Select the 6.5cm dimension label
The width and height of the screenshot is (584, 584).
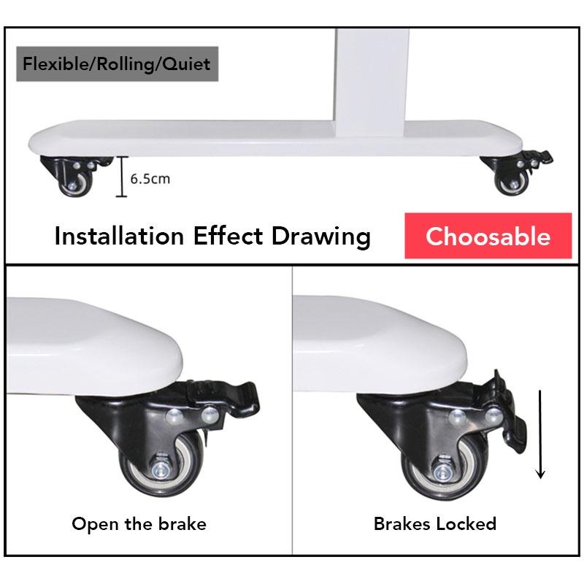click(150, 179)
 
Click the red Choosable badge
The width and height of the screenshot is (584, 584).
click(488, 236)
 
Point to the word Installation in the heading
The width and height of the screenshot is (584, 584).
click(119, 236)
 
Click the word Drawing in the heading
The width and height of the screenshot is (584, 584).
click(320, 237)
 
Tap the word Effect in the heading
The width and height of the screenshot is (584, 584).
click(228, 236)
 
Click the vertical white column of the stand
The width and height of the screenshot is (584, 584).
click(372, 82)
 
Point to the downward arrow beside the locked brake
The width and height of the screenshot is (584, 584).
click(540, 434)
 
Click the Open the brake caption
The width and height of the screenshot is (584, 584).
click(139, 523)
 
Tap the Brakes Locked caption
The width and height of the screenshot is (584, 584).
click(434, 523)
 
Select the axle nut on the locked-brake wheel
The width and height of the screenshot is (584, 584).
click(443, 473)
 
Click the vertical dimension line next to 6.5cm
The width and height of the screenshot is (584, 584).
click(121, 176)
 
